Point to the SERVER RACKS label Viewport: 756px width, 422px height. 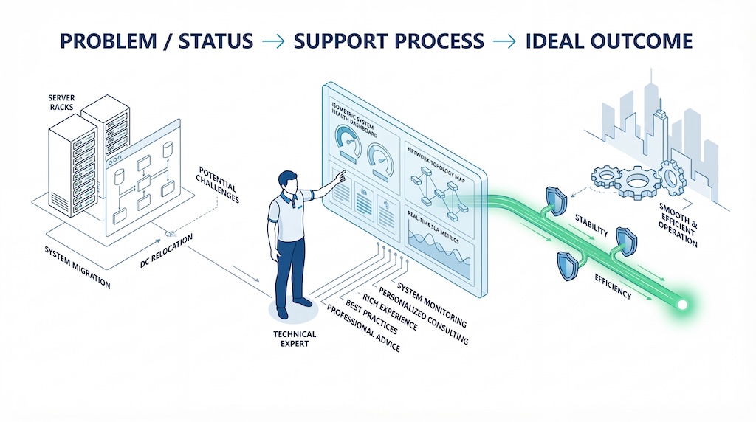pos(62,103)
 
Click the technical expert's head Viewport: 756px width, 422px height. pos(288,181)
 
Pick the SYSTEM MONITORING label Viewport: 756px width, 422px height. pos(431,304)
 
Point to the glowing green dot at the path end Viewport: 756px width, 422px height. pos(683,304)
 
